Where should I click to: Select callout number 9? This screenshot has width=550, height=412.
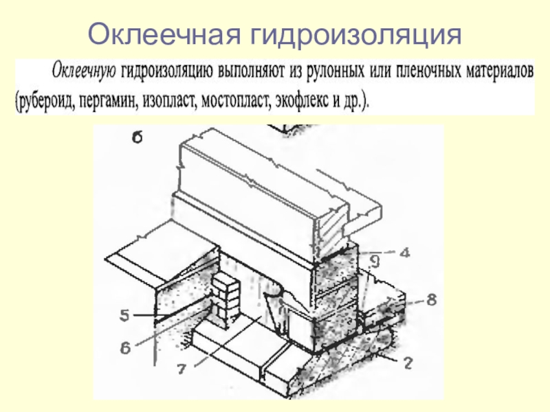tap(373, 261)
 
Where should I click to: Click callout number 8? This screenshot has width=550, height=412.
tap(430, 300)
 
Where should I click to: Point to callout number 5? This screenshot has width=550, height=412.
tap(124, 317)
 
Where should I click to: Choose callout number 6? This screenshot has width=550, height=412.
tap(125, 348)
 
